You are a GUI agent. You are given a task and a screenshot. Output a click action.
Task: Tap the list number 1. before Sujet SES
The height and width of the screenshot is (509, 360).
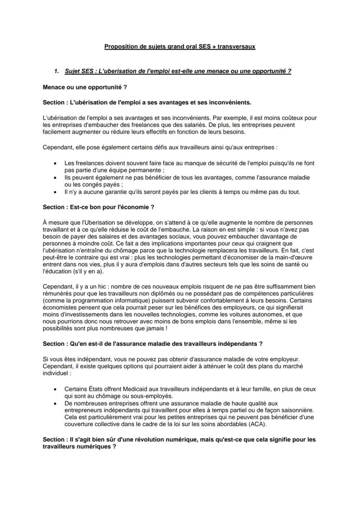(56, 71)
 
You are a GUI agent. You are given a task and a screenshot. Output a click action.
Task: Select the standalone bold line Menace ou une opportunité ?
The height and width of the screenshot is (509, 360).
(85, 87)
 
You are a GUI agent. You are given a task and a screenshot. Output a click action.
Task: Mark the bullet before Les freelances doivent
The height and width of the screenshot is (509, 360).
(55, 163)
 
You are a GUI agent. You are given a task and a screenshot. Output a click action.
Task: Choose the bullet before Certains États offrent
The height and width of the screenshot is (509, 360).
(55, 389)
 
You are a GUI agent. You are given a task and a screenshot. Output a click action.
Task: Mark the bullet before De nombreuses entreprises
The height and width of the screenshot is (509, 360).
(55, 403)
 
